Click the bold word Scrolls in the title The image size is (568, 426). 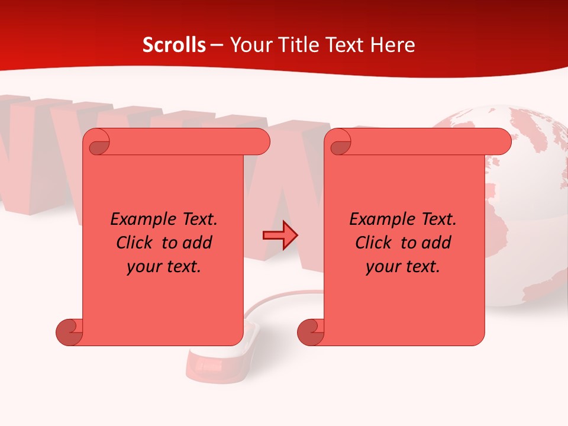(x=174, y=45)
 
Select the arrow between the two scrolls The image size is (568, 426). (x=280, y=236)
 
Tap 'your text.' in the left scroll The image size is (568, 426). (x=164, y=267)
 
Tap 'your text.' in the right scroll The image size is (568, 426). (x=403, y=267)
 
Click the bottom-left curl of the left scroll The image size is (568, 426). (x=69, y=332)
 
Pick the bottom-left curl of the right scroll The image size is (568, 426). (x=310, y=332)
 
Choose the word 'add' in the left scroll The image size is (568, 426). (x=197, y=243)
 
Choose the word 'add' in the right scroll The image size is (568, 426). (x=436, y=243)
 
